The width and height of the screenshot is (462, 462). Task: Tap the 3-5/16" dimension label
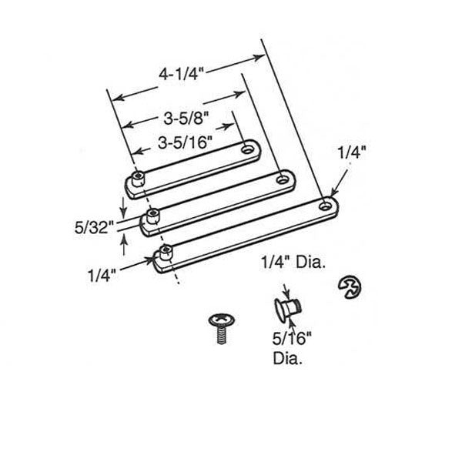(x=184, y=142)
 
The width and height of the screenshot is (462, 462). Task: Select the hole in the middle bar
(x=284, y=179)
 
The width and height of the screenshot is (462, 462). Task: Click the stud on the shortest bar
(x=136, y=179)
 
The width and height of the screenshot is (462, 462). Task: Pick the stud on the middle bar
(x=153, y=217)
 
